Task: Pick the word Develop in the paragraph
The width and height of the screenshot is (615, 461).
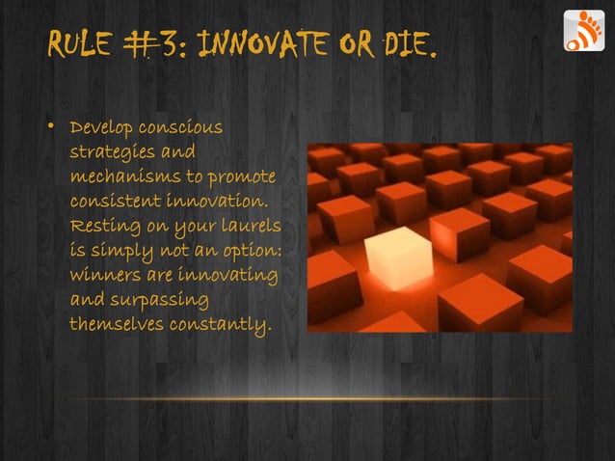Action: (x=102, y=129)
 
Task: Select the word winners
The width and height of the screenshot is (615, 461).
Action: (x=102, y=276)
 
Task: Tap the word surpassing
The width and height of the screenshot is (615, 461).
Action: (x=155, y=301)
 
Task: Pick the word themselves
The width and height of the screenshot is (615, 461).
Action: (x=117, y=325)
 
